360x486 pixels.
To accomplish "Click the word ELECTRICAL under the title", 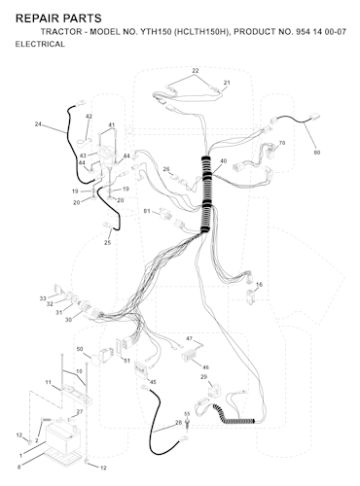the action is [40, 44].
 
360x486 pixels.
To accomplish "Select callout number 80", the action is [317, 153].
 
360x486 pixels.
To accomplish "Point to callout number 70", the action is [282, 143].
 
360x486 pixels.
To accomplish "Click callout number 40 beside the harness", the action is [223, 161].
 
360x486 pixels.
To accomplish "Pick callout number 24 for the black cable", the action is [38, 123].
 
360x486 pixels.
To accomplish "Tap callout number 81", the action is [147, 211].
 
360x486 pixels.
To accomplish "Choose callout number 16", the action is [259, 285].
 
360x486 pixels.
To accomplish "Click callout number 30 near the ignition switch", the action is [68, 320].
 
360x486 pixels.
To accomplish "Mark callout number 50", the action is [80, 349].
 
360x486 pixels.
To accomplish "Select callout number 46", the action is [205, 367].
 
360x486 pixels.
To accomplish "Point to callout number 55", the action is [187, 414].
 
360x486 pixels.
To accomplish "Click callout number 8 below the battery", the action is [18, 468].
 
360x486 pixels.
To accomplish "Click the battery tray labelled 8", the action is [65, 456].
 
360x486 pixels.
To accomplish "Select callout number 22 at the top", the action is [196, 71].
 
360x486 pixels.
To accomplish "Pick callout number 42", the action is [89, 117].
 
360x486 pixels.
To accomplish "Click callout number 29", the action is [203, 377].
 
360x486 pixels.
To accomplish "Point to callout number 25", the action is [107, 242].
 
